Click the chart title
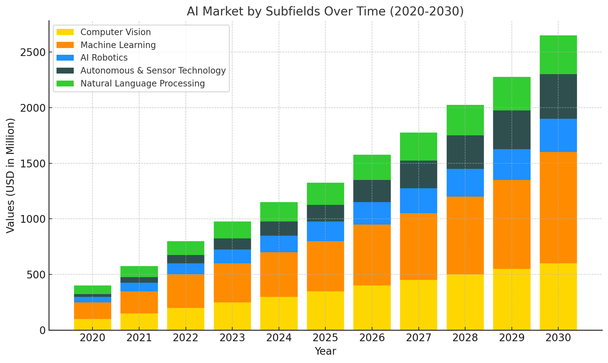[x=325, y=11]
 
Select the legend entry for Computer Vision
[x=116, y=32]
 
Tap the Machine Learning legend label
[x=118, y=45]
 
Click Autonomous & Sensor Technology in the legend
[x=153, y=71]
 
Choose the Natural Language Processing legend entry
[x=142, y=84]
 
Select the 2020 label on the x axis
[x=93, y=338]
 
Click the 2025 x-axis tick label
[x=325, y=338]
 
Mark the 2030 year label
[x=558, y=338]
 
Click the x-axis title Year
[x=325, y=351]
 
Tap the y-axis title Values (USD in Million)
[x=11, y=175]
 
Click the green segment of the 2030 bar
[x=558, y=55]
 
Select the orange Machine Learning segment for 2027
[x=418, y=247]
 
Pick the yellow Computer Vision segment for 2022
[x=186, y=319]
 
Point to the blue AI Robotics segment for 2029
[x=511, y=164]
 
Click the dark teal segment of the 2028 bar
[x=465, y=152]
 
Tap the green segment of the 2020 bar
[x=93, y=290]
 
